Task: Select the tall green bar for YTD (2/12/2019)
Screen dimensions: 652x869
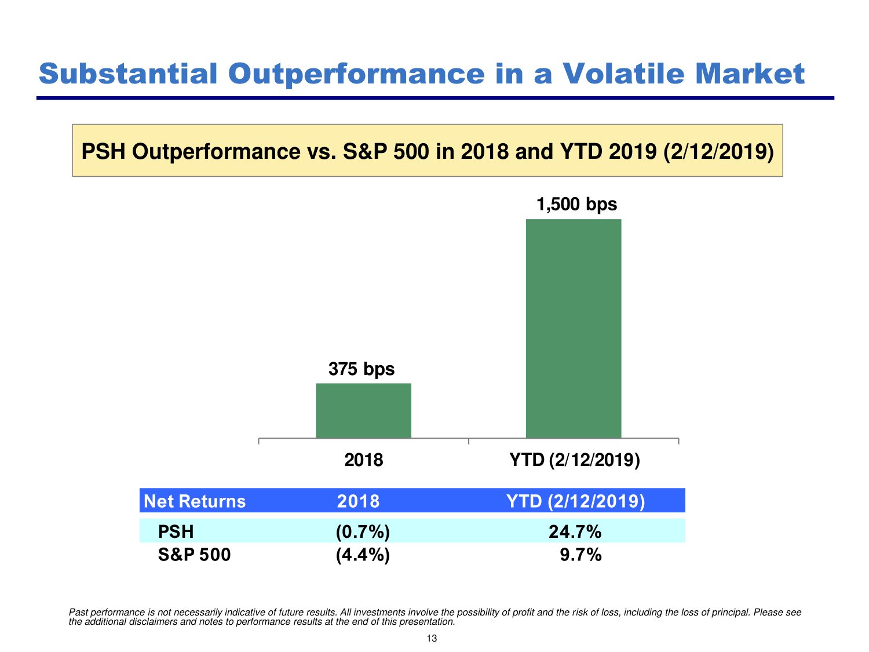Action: coord(574,328)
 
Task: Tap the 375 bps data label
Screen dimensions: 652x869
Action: coord(362,369)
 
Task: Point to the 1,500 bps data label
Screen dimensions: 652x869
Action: coord(576,205)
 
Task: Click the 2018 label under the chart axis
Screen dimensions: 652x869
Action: coord(364,460)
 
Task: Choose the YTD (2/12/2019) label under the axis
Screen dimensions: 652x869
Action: coord(574,460)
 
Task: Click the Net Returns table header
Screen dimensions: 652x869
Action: coord(195,501)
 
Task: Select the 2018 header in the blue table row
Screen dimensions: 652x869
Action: coord(358,501)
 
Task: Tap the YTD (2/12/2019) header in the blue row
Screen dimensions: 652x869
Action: coord(575,501)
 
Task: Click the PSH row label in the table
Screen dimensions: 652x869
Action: coord(176,531)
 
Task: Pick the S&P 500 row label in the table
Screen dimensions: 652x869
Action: coord(194,555)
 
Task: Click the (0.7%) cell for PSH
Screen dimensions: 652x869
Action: coord(363,531)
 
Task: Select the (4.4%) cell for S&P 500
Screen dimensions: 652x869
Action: coord(363,555)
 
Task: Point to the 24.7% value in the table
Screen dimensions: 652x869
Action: coord(575,531)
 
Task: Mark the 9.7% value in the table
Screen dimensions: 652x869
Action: coord(580,555)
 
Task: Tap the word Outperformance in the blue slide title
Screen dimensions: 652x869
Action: coord(356,74)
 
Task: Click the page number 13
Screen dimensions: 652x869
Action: coord(432,639)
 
